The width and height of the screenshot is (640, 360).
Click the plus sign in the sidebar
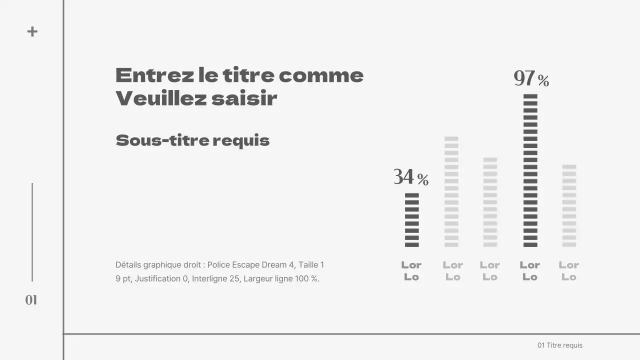32,31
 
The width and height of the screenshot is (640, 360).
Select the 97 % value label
531,79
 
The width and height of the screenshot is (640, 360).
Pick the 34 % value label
411,177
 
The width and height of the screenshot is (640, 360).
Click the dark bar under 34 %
412,220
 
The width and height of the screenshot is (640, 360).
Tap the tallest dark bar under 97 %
530,170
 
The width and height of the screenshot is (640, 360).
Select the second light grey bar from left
451,191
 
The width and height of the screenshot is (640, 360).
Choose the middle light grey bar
490,202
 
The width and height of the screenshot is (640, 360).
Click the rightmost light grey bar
569,205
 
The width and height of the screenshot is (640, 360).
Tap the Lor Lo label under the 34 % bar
411,271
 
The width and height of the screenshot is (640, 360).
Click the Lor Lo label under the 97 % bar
530,271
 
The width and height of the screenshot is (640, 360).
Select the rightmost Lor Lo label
569,271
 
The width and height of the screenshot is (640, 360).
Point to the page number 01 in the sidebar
31,300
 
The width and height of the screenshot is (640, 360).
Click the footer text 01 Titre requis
560,345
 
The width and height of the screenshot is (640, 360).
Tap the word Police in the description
218,265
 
